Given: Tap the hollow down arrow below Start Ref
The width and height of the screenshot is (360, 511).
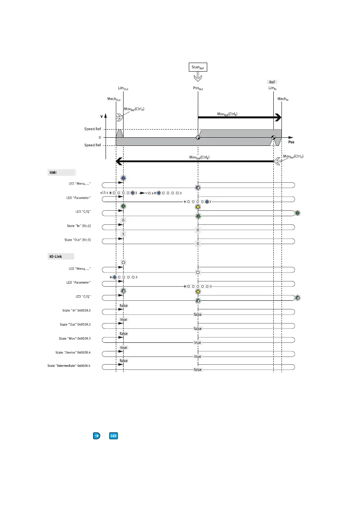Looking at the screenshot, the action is tap(198, 77).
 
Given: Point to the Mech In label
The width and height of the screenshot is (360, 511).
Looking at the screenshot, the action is tap(282, 99).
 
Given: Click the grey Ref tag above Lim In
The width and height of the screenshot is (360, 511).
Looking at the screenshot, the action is tap(272, 82).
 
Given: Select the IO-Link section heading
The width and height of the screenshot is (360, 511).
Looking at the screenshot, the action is tap(56, 257).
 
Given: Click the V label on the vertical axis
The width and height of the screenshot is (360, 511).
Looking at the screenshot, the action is tap(102, 116).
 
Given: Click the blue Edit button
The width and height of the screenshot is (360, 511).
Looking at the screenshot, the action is tap(113, 435).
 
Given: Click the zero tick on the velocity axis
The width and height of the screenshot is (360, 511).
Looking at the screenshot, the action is tap(100, 137).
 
